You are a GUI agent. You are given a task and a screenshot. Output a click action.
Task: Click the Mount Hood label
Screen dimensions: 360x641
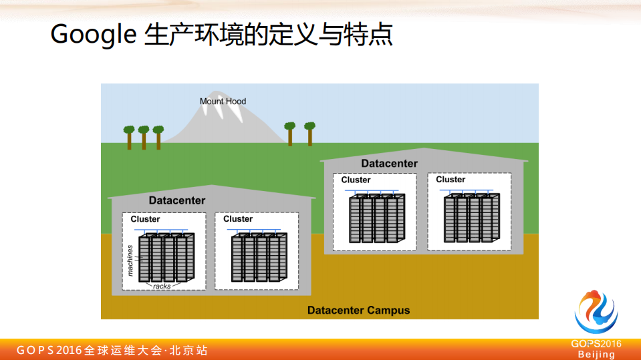pos(223,102)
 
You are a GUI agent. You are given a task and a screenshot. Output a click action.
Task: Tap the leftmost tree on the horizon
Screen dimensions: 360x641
pos(129,136)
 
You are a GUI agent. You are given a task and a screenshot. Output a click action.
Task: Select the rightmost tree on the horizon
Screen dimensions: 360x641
pos(309,132)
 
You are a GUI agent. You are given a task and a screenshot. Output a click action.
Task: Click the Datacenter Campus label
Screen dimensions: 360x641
pos(358,311)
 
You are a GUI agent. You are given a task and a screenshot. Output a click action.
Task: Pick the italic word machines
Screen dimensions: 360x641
pos(131,260)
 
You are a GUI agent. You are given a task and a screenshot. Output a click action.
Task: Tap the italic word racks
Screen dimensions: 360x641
pos(162,286)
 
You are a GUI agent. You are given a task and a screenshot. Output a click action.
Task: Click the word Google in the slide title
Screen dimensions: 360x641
pos(93,34)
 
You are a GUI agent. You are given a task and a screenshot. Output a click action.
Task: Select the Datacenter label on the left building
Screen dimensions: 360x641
pos(177,200)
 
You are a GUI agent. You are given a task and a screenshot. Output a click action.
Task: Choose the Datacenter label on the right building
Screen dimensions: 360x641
pos(389,164)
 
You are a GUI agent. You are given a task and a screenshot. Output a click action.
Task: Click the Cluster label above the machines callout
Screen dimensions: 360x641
pos(145,219)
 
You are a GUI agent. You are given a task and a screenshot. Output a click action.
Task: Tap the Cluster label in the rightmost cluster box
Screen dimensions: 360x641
pos(451,180)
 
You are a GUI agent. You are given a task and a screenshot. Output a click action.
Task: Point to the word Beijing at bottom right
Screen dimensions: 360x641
pos(596,355)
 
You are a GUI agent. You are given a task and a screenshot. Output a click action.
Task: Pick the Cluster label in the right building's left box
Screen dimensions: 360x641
pos(356,180)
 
